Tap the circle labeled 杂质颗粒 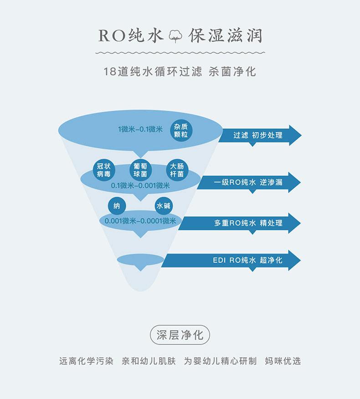[x=181, y=130]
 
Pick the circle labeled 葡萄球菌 [x=140, y=170]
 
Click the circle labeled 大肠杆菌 [x=177, y=170]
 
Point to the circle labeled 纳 [x=117, y=206]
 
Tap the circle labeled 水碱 [x=164, y=206]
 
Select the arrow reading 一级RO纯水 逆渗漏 [x=249, y=182]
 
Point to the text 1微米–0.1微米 [x=140, y=129]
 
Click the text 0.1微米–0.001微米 [x=140, y=185]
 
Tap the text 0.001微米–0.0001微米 [x=140, y=221]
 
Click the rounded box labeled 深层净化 [x=180, y=335]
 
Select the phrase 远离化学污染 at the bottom [x=86, y=361]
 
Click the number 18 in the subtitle [x=110, y=72]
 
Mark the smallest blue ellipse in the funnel [x=140, y=260]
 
